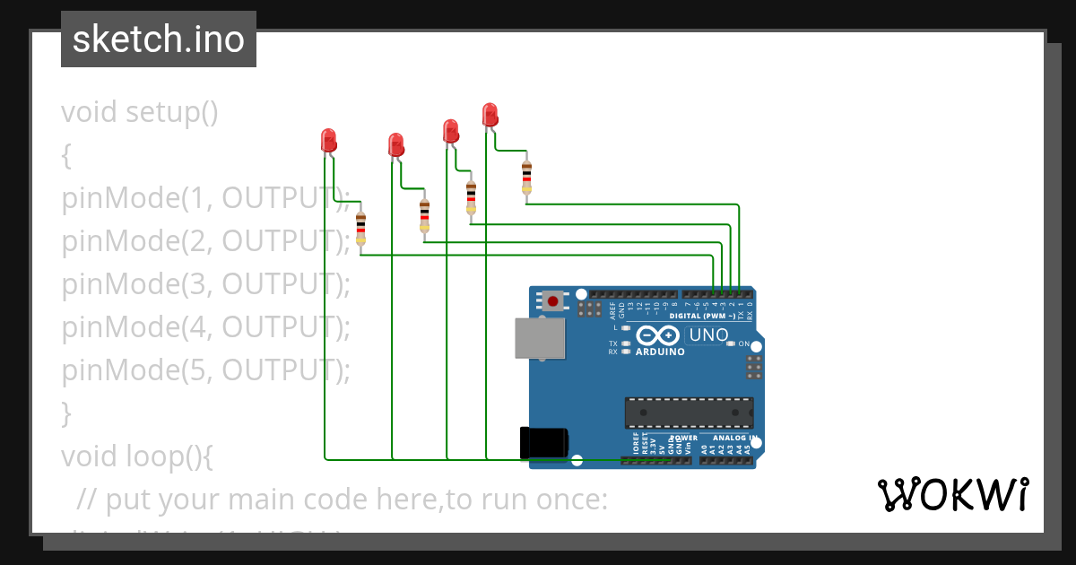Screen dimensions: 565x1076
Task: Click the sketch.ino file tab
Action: pyautogui.click(x=159, y=39)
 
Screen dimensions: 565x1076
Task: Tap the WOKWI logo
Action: pyautogui.click(x=952, y=494)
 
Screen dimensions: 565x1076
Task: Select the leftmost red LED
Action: pyautogui.click(x=328, y=140)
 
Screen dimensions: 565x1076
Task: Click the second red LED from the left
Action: pyautogui.click(x=395, y=143)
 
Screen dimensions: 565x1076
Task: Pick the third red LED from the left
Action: pyautogui.click(x=451, y=131)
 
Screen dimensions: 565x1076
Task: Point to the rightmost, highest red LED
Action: pyautogui.click(x=490, y=115)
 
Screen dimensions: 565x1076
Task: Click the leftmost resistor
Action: pyautogui.click(x=360, y=229)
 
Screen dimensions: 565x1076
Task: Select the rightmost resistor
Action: pyautogui.click(x=526, y=177)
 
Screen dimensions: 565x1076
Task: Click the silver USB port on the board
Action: pyautogui.click(x=540, y=339)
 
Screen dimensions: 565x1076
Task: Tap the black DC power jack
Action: pyautogui.click(x=543, y=443)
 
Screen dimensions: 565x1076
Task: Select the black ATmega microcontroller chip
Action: pyautogui.click(x=689, y=413)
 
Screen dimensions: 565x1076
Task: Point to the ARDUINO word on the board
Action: pyautogui.click(x=660, y=352)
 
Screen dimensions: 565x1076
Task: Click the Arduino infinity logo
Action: pyautogui.click(x=659, y=336)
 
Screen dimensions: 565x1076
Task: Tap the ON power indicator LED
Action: pyautogui.click(x=732, y=343)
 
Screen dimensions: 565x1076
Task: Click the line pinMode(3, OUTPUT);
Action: pyautogui.click(x=205, y=283)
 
